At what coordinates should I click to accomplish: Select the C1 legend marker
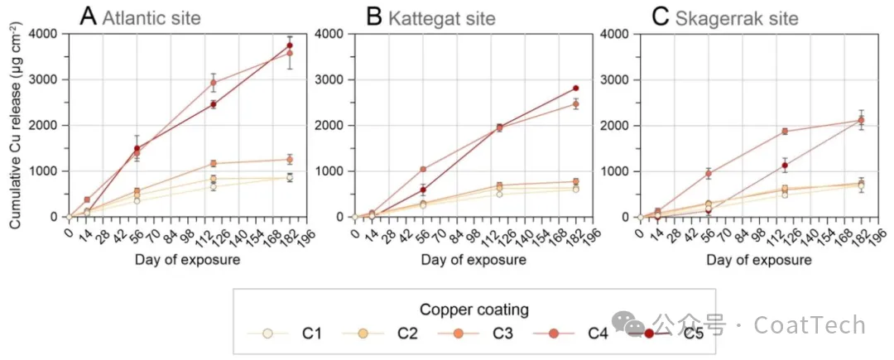point(267,334)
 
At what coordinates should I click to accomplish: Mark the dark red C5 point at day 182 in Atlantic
point(290,46)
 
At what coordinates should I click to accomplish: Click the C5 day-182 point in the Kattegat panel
point(575,89)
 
